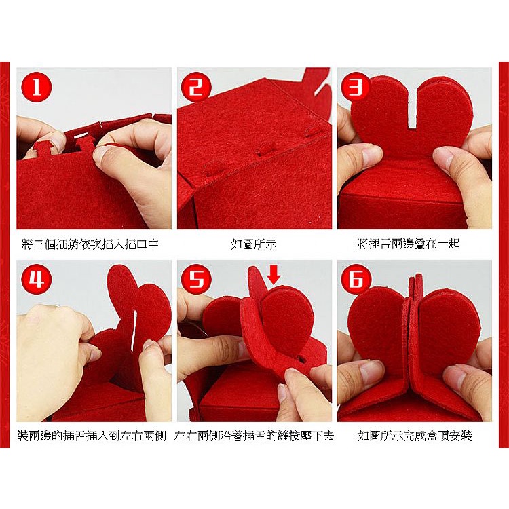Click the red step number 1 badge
[37, 87]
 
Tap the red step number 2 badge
[196, 87]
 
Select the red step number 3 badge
[356, 87]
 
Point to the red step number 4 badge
[37, 279]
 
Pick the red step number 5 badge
[196, 279]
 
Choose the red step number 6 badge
[356, 279]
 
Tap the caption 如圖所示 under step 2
[254, 244]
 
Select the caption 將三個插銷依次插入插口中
[90, 244]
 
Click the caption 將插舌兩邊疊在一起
[409, 244]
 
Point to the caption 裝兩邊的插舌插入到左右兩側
[92, 436]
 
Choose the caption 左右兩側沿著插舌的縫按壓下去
[254, 436]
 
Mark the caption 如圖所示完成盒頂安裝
[415, 436]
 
